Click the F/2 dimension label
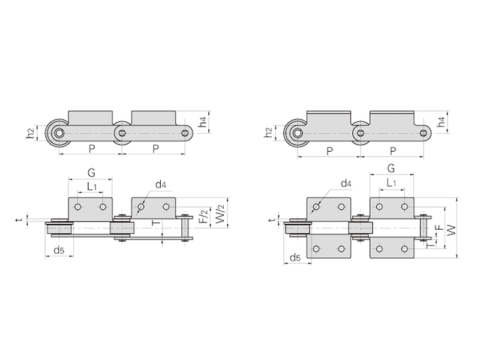(205, 215)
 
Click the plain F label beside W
(439, 228)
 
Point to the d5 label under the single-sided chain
(59, 250)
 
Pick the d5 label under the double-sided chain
(295, 257)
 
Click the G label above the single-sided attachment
(91, 173)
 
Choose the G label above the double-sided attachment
(391, 168)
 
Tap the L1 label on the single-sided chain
(91, 187)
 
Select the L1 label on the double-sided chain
(391, 183)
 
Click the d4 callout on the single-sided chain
(161, 184)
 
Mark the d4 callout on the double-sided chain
(346, 184)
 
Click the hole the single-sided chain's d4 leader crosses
(141, 207)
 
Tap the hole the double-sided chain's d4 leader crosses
(316, 207)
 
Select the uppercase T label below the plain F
(430, 245)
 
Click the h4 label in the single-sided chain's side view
(203, 122)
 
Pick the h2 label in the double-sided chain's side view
(268, 132)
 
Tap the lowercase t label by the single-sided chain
(19, 220)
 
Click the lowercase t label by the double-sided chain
(270, 220)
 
